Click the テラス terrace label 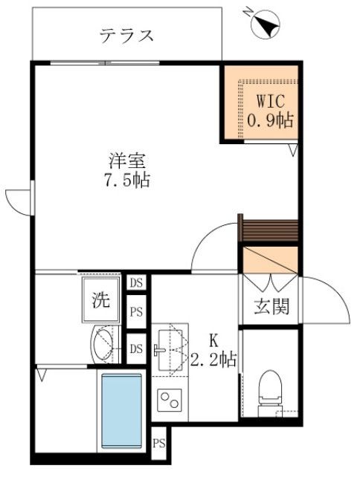(126, 35)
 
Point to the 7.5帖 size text (125, 180)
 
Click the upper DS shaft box (136, 283)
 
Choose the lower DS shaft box (136, 348)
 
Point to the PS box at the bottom (159, 444)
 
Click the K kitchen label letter (213, 342)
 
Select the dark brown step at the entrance (270, 230)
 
